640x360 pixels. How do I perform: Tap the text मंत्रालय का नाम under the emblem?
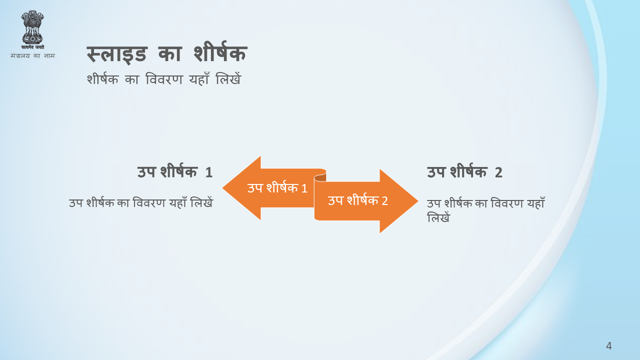point(32,55)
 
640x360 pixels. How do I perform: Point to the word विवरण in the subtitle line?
point(164,79)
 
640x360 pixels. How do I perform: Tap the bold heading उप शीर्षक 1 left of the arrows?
point(175,171)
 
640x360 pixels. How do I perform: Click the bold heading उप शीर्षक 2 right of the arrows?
point(464,171)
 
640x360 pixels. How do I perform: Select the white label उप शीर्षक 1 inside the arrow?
point(277,188)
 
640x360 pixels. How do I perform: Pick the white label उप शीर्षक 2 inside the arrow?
point(357,200)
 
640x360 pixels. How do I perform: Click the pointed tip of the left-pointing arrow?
point(223,188)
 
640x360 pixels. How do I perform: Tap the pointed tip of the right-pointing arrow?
point(417,201)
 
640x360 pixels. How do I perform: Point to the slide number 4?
point(609,345)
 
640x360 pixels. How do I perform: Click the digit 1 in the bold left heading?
point(209,172)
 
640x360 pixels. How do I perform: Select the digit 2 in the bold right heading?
point(498,172)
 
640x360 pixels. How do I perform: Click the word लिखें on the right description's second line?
point(438,217)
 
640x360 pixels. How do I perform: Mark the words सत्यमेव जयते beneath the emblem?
point(32,47)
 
